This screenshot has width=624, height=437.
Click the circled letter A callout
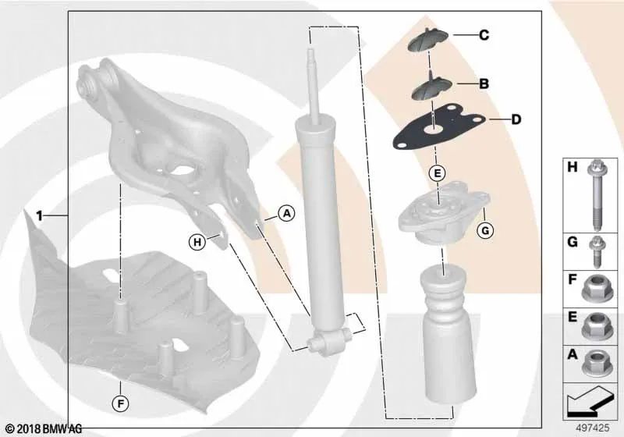[x=286, y=214]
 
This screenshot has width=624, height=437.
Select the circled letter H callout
[x=197, y=242]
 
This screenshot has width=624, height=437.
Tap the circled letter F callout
[x=120, y=404]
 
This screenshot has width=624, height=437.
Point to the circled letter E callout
[x=437, y=173]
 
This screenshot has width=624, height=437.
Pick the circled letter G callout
[x=485, y=230]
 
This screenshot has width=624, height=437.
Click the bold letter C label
[x=484, y=35]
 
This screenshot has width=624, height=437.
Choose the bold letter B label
[x=484, y=84]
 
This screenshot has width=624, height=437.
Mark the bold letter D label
[x=516, y=119]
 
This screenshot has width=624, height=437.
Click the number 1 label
[x=39, y=216]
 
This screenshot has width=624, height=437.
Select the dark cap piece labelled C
[x=428, y=41]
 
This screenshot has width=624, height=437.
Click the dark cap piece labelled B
[x=431, y=89]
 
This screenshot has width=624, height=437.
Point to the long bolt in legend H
[x=596, y=194]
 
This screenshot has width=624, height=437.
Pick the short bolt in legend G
[x=596, y=251]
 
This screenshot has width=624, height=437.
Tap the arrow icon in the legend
[x=589, y=401]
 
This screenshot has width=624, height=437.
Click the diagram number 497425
[x=593, y=428]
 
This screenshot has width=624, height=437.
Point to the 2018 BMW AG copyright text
[x=44, y=429]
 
